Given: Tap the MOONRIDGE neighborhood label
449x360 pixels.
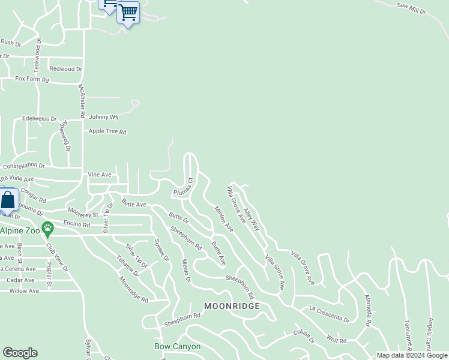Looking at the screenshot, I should tap(232, 306).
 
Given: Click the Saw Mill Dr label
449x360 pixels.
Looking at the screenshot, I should tap(411, 9).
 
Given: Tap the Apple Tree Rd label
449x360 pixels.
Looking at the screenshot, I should tap(107, 131).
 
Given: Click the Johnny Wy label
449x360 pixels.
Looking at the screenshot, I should tap(103, 117).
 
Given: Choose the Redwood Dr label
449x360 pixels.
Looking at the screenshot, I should tap(65, 69).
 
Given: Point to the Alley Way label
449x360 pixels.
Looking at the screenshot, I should tap(252, 220).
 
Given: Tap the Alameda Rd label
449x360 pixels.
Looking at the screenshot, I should tap(367, 310).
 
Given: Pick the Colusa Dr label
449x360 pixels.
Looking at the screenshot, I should tap(304, 335).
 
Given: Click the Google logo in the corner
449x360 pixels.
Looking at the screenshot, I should tap(20, 353).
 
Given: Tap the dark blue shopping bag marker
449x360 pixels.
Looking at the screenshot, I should tap(8, 201).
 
